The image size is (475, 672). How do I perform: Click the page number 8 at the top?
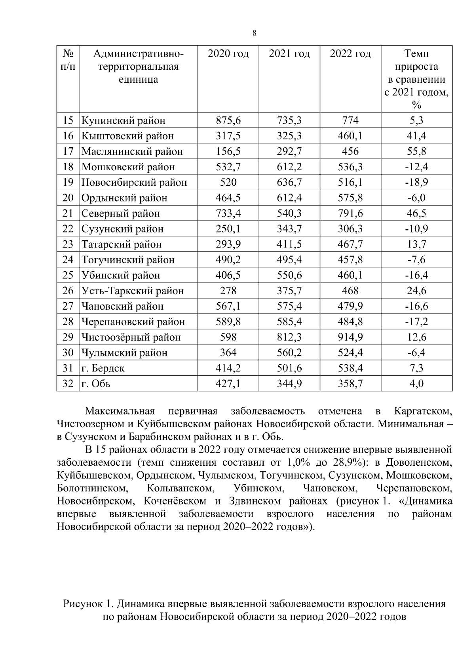[255, 33]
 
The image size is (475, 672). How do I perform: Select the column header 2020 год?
[228, 53]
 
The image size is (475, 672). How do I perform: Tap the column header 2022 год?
[350, 53]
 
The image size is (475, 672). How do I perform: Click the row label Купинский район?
[123, 120]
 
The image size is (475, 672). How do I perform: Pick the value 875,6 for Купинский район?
[228, 120]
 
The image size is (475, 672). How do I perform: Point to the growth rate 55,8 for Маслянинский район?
[416, 151]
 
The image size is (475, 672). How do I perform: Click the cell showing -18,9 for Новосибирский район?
[416, 182]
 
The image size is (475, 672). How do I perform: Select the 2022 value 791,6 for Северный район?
[350, 213]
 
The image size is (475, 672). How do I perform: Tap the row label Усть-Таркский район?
[133, 291]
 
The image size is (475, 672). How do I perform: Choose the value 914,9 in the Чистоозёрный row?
[350, 337]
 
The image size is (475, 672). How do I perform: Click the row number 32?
[68, 384]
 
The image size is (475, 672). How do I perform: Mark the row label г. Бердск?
[103, 368]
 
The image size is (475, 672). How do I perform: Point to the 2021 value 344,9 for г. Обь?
[289, 384]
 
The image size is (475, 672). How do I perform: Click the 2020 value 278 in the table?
[228, 291]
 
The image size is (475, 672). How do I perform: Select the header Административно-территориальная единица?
[139, 66]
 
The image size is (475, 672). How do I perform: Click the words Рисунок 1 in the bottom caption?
[88, 604]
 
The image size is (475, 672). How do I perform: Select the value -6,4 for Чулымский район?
[416, 352]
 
